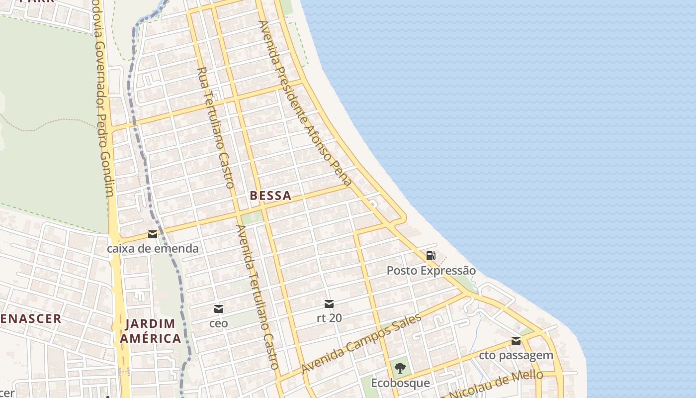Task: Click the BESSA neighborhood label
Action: [x=270, y=196]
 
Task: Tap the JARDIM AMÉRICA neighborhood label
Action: [x=153, y=331]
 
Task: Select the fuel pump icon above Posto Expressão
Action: [x=431, y=256]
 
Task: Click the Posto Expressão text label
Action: [x=431, y=271]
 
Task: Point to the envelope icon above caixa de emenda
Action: [x=153, y=234]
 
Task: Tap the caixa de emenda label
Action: [x=153, y=248]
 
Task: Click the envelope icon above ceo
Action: [x=218, y=309]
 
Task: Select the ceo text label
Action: [x=218, y=323]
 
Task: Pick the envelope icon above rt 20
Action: [x=329, y=303]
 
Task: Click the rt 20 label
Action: [x=329, y=317]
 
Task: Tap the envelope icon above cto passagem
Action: [x=516, y=341]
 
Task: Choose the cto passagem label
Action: [x=516, y=355]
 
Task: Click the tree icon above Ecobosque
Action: [x=400, y=368]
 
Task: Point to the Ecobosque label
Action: [x=400, y=383]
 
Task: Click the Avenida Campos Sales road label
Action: [x=361, y=344]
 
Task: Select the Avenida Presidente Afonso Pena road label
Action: [x=305, y=103]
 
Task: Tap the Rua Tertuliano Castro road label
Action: [x=216, y=128]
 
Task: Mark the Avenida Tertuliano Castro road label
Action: [x=257, y=297]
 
